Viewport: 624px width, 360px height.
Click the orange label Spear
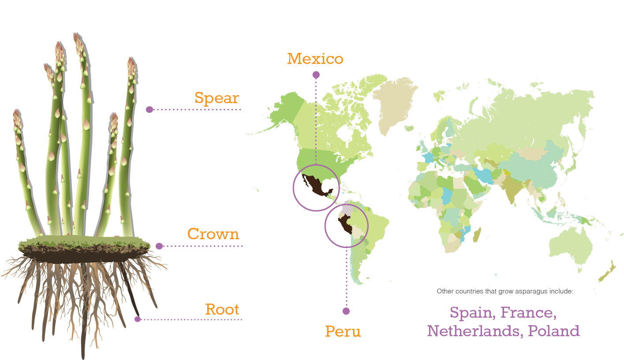click(x=217, y=98)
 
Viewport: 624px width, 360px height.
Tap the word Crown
click(x=213, y=234)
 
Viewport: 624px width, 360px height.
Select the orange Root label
click(x=222, y=309)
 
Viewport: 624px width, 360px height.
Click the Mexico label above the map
click(x=315, y=59)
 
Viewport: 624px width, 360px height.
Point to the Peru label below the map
click(x=343, y=331)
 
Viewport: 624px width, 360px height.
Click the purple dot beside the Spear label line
click(x=149, y=109)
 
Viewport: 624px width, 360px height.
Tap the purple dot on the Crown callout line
click(x=159, y=246)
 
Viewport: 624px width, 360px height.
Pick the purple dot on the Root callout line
click(x=138, y=319)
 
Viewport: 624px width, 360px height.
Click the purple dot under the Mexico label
click(x=316, y=75)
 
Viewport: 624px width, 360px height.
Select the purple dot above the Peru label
click(x=346, y=311)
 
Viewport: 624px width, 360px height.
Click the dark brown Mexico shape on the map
click(x=314, y=184)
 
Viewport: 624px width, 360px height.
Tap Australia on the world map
click(x=572, y=247)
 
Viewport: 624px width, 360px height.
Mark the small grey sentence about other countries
click(x=504, y=291)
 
